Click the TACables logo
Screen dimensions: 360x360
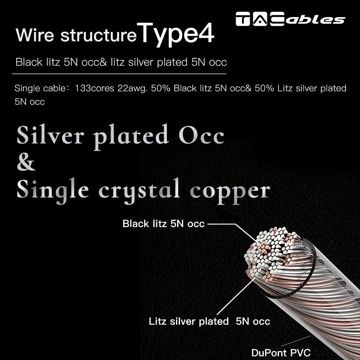[290, 19]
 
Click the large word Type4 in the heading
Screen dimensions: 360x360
[176, 34]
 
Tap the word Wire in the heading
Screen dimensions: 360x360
[32, 36]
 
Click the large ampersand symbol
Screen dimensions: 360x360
[26, 162]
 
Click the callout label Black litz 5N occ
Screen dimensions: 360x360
[163, 224]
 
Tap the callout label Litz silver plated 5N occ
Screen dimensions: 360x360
[209, 321]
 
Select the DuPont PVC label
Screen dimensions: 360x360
[281, 352]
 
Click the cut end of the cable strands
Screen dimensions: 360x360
[270, 256]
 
